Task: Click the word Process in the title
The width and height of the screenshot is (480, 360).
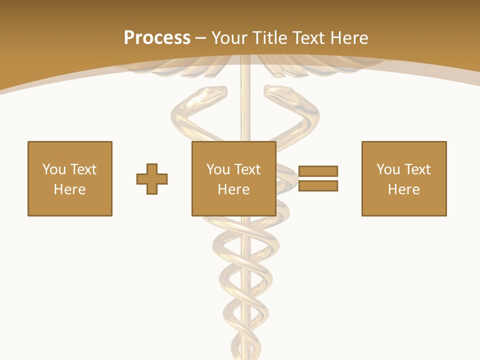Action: [157, 38]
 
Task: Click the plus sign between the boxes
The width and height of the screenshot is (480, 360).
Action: [152, 179]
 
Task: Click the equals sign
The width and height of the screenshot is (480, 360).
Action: [318, 178]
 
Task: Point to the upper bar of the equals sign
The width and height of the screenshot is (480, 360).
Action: [318, 171]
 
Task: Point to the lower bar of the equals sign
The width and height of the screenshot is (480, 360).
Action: [318, 186]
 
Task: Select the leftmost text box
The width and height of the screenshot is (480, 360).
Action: [70, 178]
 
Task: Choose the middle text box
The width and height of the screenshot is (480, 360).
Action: [234, 178]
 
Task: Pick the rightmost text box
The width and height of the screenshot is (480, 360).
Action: [404, 178]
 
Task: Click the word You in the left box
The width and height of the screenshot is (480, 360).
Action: [54, 169]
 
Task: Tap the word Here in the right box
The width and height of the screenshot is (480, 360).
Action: [404, 189]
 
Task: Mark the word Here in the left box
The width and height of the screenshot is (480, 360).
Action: [70, 189]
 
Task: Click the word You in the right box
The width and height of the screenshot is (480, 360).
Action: [388, 169]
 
